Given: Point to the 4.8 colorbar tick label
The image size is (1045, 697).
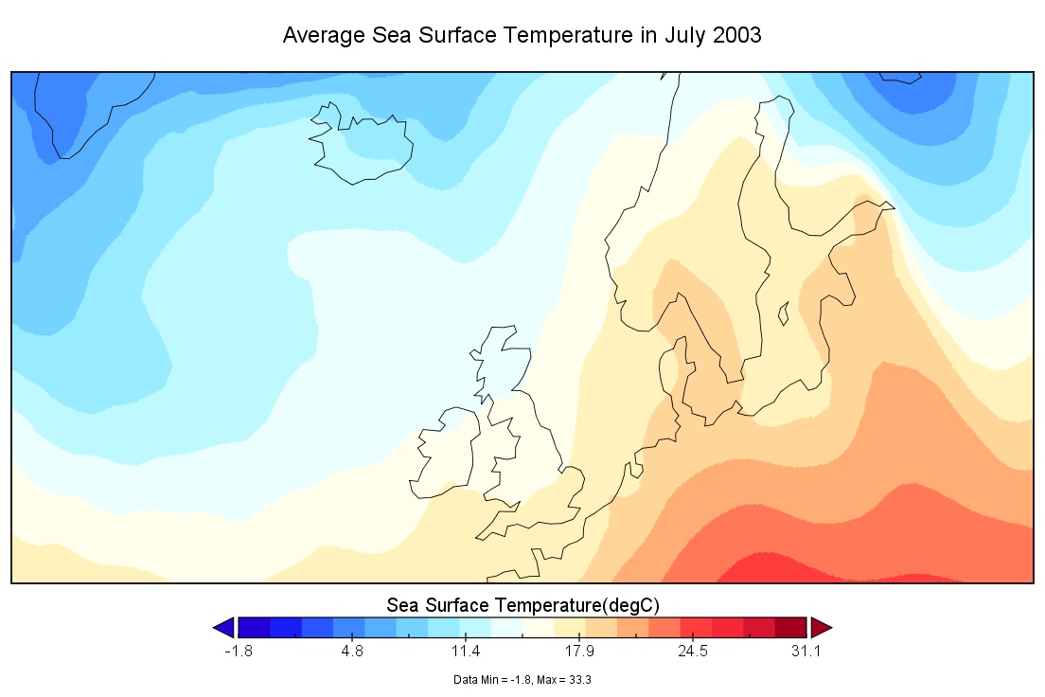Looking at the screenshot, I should pos(352,652).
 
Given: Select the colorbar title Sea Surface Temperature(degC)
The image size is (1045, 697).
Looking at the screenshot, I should pos(522,604).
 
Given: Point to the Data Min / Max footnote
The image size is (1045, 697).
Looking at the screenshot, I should pos(522,679).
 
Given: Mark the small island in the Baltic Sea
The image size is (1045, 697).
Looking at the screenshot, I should pos(784,313).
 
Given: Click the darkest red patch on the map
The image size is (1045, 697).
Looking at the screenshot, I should pos(767,571).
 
